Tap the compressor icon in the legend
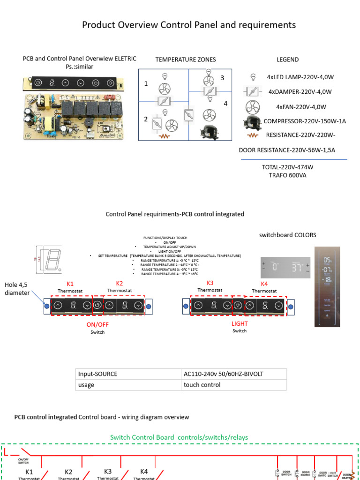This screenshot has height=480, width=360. [x=252, y=121]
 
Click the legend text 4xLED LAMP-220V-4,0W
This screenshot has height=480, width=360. [x=300, y=77]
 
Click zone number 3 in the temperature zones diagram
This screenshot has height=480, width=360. [x=223, y=78]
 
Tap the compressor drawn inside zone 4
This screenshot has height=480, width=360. [x=207, y=132]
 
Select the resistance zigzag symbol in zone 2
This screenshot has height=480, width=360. [x=164, y=136]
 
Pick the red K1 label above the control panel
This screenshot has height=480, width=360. [x=70, y=284]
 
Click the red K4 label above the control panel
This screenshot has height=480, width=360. [x=265, y=284]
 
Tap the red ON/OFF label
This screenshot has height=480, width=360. [x=97, y=324]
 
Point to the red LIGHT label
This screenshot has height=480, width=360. [x=240, y=324]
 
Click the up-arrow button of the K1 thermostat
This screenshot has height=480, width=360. [x=58, y=306]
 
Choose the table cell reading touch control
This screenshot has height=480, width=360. [x=202, y=385]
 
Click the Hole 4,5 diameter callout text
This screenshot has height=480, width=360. [x=17, y=289]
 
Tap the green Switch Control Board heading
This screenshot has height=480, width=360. [x=179, y=437]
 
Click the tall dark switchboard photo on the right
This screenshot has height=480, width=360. [x=327, y=286]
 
